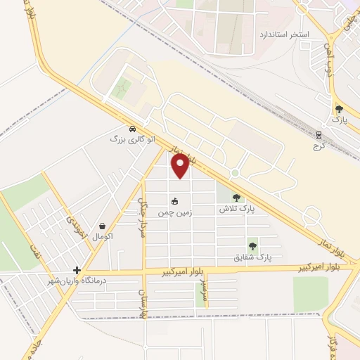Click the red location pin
pyautogui.click(x=181, y=166)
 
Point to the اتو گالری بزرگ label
pyautogui.click(x=126, y=139)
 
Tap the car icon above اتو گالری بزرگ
pyautogui.click(x=132, y=129)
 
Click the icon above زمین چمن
pyautogui.click(x=175, y=201)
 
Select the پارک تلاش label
pyautogui.click(x=236, y=210)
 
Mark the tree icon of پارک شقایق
pyautogui.click(x=252, y=246)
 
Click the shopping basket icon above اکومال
pyautogui.click(x=103, y=226)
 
